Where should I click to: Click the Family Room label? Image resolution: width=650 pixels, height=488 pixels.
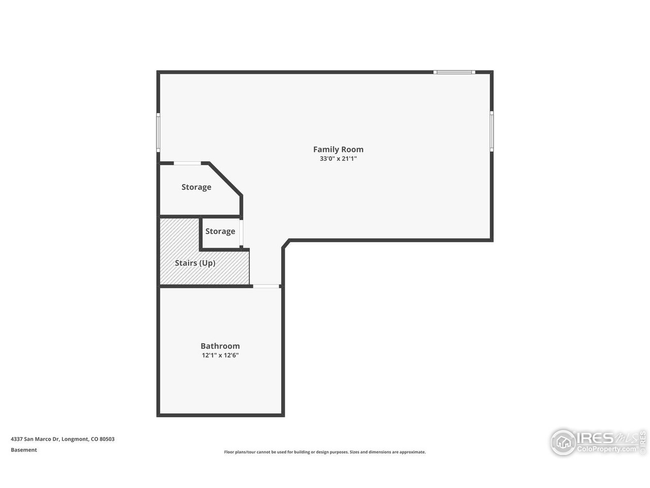click(x=338, y=149)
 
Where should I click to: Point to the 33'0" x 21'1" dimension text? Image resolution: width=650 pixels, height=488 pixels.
click(x=338, y=159)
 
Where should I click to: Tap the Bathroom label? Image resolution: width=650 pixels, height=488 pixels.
click(x=220, y=346)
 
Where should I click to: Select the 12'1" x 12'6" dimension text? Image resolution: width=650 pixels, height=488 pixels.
click(x=220, y=356)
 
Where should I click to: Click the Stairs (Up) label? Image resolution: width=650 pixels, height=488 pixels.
click(x=195, y=263)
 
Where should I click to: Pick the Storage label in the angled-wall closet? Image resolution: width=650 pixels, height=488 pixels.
click(x=197, y=187)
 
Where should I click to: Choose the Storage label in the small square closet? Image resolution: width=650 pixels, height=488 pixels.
click(x=220, y=231)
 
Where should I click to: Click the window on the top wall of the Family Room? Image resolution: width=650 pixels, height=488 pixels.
click(x=454, y=72)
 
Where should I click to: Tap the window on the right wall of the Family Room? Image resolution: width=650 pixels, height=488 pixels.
click(x=492, y=131)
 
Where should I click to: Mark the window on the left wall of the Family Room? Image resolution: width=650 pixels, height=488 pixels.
click(x=158, y=132)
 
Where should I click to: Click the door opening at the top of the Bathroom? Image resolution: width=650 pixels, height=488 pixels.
click(x=266, y=287)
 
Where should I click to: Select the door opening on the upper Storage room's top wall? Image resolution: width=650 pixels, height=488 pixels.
click(x=187, y=163)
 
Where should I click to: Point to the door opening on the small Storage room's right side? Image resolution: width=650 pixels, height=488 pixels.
click(x=242, y=233)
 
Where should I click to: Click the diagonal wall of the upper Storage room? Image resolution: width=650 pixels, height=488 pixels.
click(x=225, y=178)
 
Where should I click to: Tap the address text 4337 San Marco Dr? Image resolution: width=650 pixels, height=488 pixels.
click(x=35, y=439)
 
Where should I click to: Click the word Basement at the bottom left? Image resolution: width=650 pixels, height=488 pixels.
click(x=24, y=450)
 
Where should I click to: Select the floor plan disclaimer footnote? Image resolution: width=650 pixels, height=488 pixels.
click(x=325, y=452)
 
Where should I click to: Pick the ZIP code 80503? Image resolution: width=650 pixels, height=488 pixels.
click(x=107, y=439)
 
